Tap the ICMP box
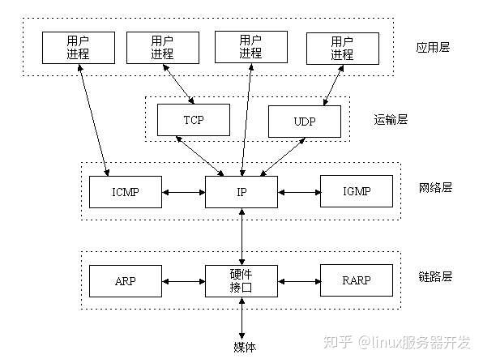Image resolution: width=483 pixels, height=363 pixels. click(126, 191)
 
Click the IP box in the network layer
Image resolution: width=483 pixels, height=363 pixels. click(241, 191)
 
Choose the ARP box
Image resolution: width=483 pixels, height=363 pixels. click(126, 280)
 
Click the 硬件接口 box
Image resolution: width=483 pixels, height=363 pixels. click(241, 280)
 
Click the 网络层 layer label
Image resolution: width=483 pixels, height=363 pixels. click(435, 187)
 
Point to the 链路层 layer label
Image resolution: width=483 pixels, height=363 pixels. click(435, 276)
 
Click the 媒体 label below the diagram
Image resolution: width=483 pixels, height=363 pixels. click(241, 347)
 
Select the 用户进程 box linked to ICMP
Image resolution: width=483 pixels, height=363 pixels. click(79, 47)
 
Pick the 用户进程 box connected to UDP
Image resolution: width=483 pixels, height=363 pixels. click(341, 47)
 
